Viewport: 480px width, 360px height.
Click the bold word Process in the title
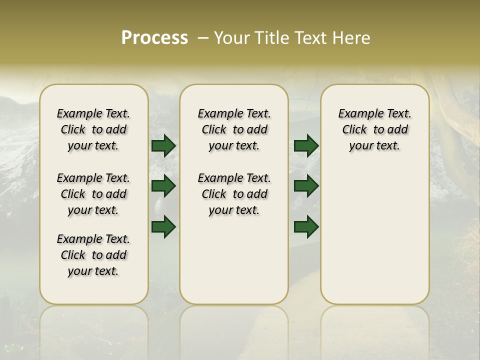pyautogui.click(x=154, y=38)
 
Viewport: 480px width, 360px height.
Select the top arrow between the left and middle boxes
pyautogui.click(x=163, y=146)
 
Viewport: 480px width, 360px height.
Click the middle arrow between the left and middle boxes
pyautogui.click(x=163, y=186)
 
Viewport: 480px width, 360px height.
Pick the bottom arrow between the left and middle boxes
pyautogui.click(x=163, y=226)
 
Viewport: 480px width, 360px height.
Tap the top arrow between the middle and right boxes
pyautogui.click(x=306, y=146)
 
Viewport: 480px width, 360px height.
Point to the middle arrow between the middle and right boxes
pyautogui.click(x=306, y=186)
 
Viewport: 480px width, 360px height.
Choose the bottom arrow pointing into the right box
pyautogui.click(x=306, y=226)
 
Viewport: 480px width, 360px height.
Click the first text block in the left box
pyautogui.click(x=93, y=129)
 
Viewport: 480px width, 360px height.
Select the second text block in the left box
pyautogui.click(x=93, y=194)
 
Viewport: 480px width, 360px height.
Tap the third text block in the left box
pyautogui.click(x=93, y=255)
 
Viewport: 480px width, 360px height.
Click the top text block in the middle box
pyautogui.click(x=234, y=129)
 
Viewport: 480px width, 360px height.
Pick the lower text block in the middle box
pyautogui.click(x=234, y=194)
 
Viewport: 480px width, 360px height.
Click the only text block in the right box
pyautogui.click(x=374, y=129)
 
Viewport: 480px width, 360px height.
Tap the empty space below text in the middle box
pyautogui.click(x=234, y=260)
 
